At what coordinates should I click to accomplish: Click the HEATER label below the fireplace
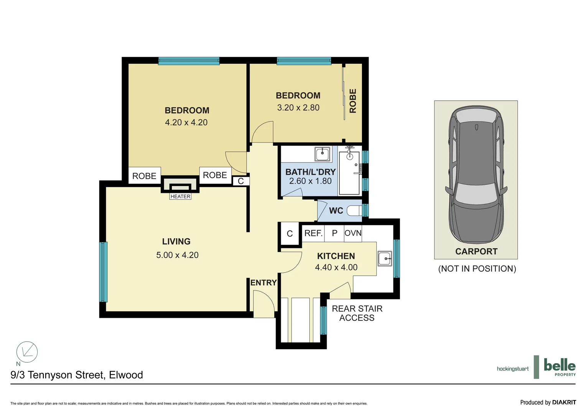[x=180, y=196]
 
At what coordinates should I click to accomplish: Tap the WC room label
[x=336, y=211]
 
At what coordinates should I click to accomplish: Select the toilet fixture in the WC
[x=354, y=211]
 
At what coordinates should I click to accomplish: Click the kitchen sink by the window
[x=385, y=259]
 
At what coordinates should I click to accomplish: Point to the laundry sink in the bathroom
[x=322, y=154]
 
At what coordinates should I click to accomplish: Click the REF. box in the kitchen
[x=313, y=233]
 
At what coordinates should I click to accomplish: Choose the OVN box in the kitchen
[x=353, y=233]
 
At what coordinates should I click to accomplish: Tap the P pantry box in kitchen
[x=334, y=233]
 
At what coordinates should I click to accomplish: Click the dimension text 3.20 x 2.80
[x=298, y=108]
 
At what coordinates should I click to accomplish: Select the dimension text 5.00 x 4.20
[x=177, y=255]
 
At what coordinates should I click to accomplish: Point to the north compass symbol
[x=27, y=352]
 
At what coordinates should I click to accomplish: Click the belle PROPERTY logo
[x=560, y=367]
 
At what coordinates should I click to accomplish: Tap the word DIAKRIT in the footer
[x=564, y=402]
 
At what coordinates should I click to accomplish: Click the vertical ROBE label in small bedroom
[x=353, y=101]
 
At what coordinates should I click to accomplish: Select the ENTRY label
[x=263, y=282]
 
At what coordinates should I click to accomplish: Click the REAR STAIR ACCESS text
[x=357, y=313]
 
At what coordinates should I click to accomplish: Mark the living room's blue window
[x=103, y=272]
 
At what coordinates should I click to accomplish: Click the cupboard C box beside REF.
[x=290, y=234]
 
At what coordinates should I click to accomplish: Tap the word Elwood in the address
[x=126, y=375]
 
